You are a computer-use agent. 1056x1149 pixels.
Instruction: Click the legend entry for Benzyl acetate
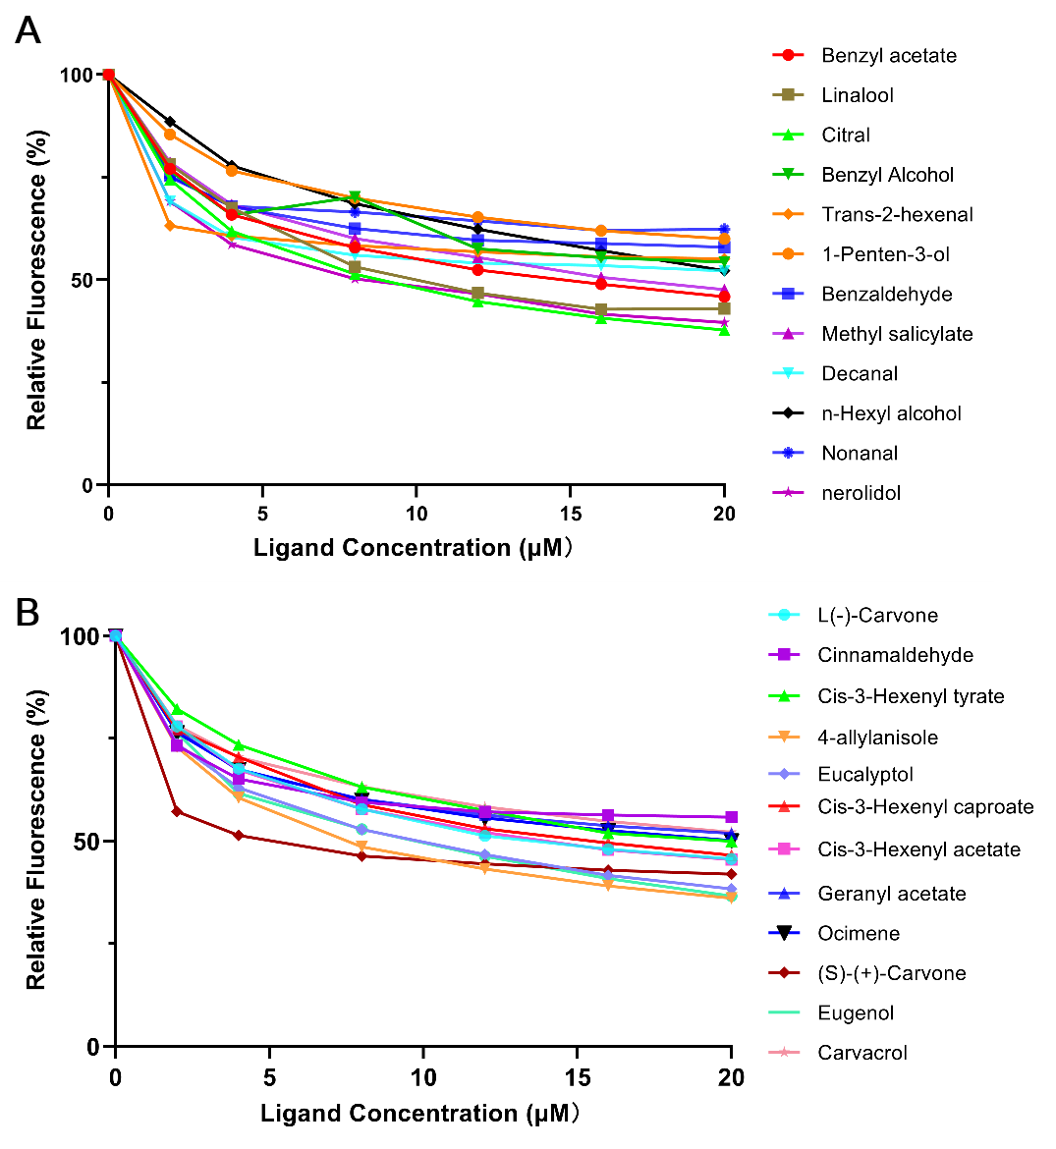888,56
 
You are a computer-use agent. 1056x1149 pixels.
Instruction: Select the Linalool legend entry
857,95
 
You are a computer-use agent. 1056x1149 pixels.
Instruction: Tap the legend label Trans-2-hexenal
897,215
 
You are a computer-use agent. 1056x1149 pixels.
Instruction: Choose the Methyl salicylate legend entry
896,334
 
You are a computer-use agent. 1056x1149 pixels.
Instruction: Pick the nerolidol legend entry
861,493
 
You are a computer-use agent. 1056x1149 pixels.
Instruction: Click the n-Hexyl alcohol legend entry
891,413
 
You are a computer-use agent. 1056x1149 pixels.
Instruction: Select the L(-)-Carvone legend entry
876,616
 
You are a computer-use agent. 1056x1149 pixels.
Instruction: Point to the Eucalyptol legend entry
864,775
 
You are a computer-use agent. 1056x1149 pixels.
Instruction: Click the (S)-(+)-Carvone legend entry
891,973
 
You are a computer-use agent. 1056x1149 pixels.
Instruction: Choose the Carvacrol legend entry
861,1053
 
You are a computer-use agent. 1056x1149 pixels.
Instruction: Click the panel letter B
28,613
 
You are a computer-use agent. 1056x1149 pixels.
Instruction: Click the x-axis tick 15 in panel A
571,514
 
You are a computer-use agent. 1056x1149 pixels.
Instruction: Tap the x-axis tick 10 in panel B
423,1077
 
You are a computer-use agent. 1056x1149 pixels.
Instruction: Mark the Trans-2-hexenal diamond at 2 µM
170,226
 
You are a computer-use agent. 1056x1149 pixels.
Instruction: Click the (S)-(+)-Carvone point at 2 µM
177,811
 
